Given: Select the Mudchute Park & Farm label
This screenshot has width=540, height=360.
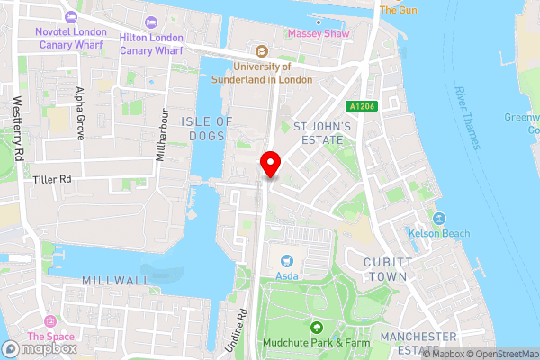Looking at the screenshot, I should point(316,343).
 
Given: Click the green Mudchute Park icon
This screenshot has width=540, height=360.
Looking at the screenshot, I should point(316,328).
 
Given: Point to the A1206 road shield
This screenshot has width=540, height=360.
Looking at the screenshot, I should point(363,106).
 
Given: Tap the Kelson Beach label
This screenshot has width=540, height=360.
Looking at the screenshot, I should point(439,234).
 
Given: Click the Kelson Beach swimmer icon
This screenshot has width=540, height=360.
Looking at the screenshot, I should point(439,219).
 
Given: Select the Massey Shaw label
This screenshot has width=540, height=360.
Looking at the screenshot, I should point(316,34).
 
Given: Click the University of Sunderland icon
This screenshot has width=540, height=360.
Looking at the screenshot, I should point(263,50).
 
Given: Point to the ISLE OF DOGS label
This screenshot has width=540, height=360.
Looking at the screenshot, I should point(206,129).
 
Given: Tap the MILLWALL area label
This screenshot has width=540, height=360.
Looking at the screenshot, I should point(116,281).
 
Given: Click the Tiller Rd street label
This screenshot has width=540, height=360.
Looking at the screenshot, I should point(52,180).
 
